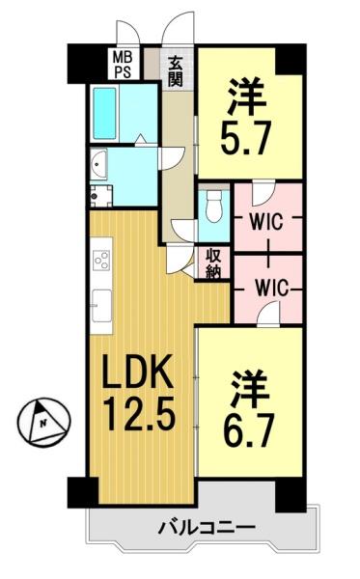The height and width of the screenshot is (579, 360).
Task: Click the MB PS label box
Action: pos(123,65)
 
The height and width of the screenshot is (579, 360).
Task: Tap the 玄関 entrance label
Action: pos(176,71)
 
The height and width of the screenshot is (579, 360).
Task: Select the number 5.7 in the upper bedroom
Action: pos(246,137)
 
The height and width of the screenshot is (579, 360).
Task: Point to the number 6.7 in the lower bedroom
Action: pos(249,429)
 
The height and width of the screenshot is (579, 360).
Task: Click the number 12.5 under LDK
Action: pos(140,414)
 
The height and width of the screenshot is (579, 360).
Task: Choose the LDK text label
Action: pos(137,371)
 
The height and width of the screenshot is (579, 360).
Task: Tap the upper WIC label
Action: pos(265,222)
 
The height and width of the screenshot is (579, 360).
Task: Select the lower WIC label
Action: pos(271,288)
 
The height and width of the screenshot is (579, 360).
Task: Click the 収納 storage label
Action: pos(213,263)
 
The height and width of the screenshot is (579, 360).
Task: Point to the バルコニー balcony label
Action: pos(207,528)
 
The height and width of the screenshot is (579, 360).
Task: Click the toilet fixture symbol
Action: pos(213,207)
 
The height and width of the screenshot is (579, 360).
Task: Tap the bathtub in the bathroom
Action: pos(104,113)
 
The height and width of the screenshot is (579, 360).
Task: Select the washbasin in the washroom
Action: pos(98,164)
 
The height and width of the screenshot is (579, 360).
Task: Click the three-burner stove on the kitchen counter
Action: pos(101,260)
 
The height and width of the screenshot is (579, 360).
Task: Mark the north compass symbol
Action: pos(43,421)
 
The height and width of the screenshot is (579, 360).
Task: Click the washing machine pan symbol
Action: pos(101,196)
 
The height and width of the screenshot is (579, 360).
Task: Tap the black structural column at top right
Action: pos(291,59)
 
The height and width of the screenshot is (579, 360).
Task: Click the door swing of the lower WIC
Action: pos(267,313)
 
